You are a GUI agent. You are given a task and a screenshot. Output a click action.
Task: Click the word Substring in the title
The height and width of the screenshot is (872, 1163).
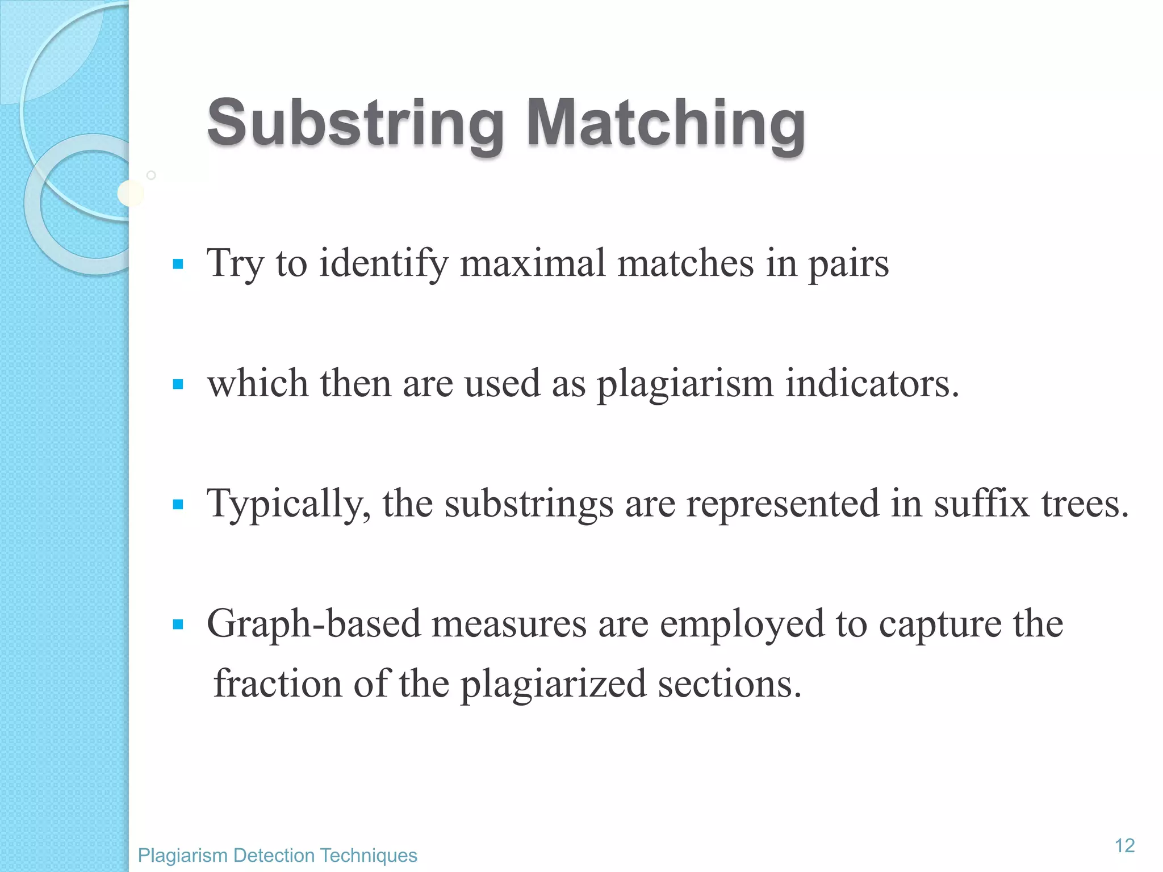(x=355, y=123)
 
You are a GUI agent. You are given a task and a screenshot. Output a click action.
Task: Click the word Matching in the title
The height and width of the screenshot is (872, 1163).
(x=666, y=123)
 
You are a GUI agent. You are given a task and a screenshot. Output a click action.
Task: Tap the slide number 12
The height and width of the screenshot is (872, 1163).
(x=1124, y=845)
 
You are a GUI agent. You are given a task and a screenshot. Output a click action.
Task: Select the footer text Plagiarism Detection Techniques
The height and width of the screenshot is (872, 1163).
(x=277, y=855)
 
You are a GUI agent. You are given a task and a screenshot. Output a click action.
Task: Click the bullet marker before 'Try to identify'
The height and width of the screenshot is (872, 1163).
(x=178, y=264)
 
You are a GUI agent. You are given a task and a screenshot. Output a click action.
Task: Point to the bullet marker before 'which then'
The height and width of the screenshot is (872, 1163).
(x=178, y=384)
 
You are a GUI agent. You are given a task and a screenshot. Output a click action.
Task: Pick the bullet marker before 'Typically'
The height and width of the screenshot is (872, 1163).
(x=178, y=504)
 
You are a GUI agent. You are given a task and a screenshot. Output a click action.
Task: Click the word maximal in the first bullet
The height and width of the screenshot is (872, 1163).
(x=533, y=263)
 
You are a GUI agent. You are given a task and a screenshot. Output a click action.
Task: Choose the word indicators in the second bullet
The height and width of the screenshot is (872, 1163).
(x=872, y=384)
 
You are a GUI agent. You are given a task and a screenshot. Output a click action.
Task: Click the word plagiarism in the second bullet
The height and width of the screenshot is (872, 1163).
(x=685, y=385)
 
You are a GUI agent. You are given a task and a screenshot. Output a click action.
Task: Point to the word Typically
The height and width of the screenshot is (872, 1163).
(x=288, y=504)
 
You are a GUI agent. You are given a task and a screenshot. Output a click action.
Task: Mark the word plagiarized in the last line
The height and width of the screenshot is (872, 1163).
(x=553, y=685)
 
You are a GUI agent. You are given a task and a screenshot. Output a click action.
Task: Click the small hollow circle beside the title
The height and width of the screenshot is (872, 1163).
(x=151, y=175)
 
